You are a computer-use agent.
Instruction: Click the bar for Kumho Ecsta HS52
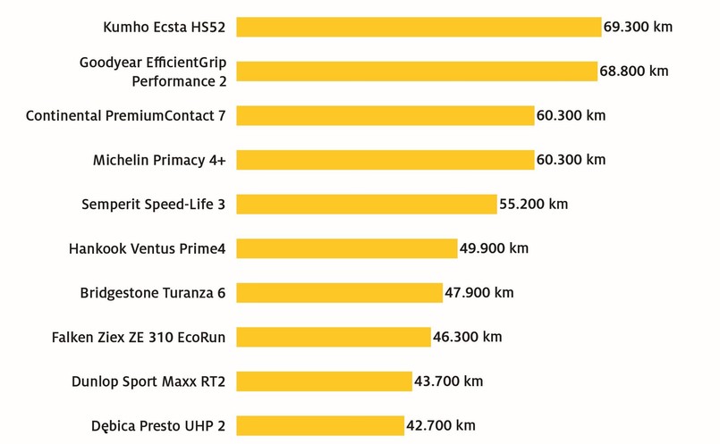(419, 27)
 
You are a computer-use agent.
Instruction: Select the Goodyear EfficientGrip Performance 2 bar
(417, 71)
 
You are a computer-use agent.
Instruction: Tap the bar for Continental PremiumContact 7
(385, 115)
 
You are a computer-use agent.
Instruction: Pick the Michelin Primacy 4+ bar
(385, 160)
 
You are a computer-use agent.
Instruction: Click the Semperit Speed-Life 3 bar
(367, 204)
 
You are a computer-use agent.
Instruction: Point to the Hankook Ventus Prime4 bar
(347, 248)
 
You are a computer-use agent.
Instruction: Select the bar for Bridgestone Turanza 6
(340, 292)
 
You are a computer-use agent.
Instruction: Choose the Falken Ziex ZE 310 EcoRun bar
(334, 337)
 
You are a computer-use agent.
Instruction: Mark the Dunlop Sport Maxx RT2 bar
(324, 381)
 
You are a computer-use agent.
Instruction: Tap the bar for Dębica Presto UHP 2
(320, 425)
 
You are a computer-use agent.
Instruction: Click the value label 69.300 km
(638, 27)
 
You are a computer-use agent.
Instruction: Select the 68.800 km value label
(633, 71)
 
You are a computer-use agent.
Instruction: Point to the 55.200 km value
(533, 204)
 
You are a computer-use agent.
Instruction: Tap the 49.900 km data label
(494, 248)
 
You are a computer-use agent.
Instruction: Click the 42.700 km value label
(440, 425)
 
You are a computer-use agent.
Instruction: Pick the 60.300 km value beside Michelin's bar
(571, 160)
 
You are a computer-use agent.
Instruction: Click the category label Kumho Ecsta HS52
(165, 27)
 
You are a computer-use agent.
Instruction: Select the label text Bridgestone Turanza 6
(153, 292)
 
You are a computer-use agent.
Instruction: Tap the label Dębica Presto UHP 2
(157, 425)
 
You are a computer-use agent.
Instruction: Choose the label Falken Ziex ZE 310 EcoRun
(139, 337)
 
